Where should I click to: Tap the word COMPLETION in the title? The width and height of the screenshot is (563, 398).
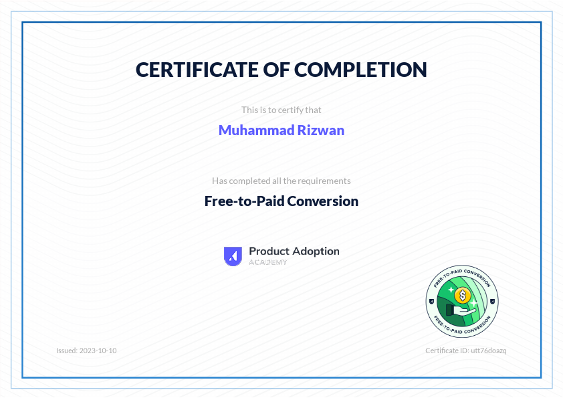click(x=361, y=70)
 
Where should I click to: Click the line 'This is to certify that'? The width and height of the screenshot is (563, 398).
click(x=281, y=109)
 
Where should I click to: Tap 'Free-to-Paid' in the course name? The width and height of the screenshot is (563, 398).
click(x=244, y=201)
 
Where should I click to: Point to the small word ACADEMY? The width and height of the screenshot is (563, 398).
click(x=268, y=262)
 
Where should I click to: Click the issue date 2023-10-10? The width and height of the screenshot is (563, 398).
click(x=98, y=351)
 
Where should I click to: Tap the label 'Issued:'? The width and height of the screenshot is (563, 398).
click(x=67, y=351)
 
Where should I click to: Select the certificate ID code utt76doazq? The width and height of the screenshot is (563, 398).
click(x=489, y=351)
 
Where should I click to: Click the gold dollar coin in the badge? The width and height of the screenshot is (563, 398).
click(x=462, y=294)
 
